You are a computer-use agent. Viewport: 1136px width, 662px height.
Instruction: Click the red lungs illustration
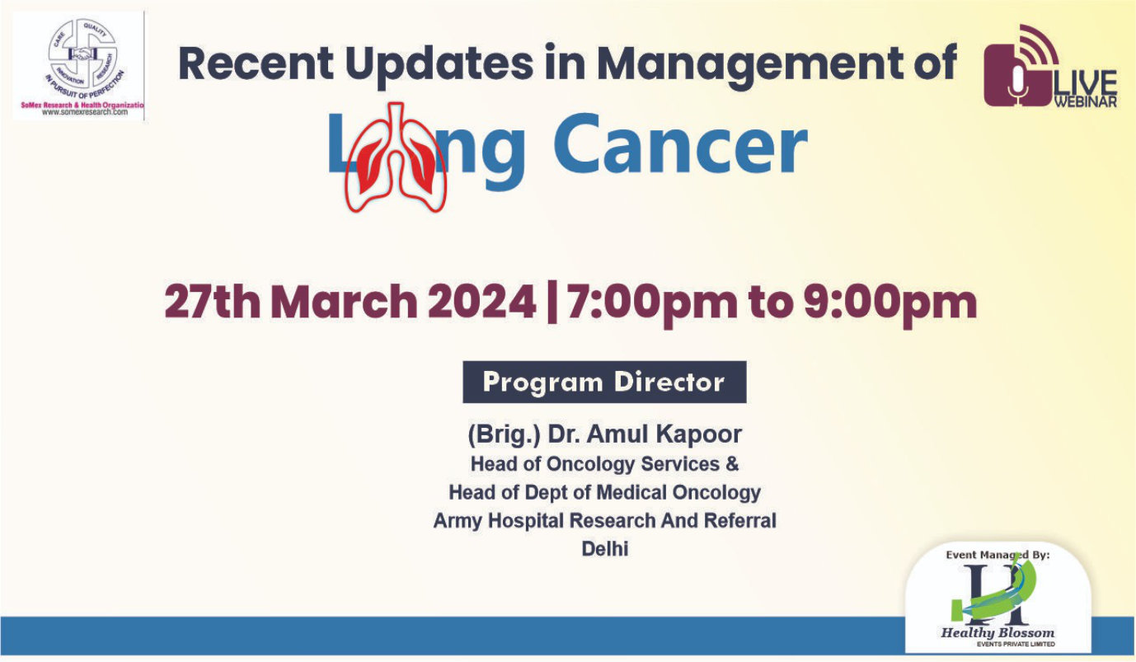click(396, 157)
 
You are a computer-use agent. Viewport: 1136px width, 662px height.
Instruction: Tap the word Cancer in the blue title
click(679, 145)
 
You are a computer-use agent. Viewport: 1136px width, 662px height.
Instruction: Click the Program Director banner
click(604, 382)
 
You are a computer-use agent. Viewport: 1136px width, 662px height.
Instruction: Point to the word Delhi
click(604, 549)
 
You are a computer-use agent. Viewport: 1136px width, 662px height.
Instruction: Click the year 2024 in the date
click(481, 302)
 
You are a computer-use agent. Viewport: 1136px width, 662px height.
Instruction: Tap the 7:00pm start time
click(652, 303)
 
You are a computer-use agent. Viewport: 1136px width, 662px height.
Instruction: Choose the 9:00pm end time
click(890, 303)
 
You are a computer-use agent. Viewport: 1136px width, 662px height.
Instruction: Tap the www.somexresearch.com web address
click(85, 112)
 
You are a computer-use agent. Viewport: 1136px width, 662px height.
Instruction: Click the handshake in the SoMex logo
click(82, 53)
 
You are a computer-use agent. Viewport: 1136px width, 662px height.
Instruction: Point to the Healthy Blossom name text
click(998, 632)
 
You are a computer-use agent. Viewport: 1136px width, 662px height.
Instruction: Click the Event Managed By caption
click(998, 555)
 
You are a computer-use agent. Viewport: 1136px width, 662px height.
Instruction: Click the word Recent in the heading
click(256, 63)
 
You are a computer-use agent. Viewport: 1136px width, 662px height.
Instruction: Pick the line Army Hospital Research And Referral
click(604, 521)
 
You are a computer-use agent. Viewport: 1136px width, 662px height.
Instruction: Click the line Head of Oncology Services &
click(604, 464)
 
